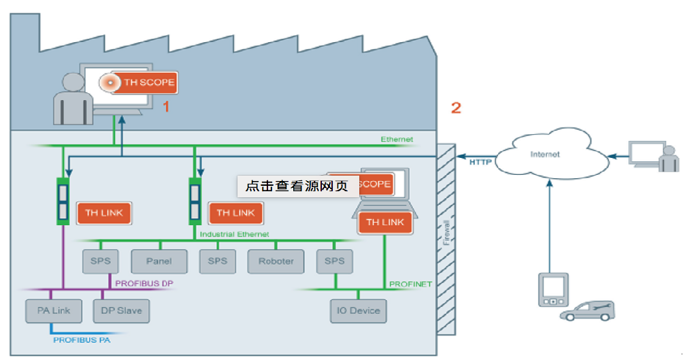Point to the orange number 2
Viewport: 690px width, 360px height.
point(456,107)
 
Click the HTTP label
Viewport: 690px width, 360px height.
point(480,162)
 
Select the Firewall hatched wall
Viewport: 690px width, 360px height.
point(446,239)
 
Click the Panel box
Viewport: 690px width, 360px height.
point(159,261)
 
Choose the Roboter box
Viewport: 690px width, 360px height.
point(276,261)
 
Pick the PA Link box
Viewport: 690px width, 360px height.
point(53,311)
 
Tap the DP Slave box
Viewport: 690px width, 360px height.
point(120,311)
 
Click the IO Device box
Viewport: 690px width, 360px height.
point(358,311)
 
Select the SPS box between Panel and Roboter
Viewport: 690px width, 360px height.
point(217,261)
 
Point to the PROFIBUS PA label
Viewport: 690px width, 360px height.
point(82,339)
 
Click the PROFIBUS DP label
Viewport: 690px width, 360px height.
point(144,282)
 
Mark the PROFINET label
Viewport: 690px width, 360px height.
point(410,284)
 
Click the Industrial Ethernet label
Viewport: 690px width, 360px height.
point(234,234)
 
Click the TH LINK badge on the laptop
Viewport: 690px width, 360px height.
point(385,223)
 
